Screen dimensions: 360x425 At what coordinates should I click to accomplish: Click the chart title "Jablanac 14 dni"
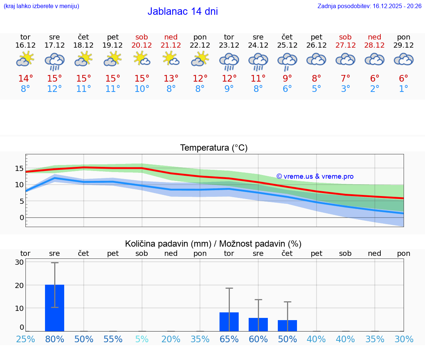pos(183,11)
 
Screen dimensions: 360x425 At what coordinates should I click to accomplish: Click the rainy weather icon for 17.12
pos(55,61)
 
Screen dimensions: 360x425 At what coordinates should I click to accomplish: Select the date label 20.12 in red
pos(142,45)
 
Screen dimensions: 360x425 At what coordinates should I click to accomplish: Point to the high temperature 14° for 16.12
pos(25,79)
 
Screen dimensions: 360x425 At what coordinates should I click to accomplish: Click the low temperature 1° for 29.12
pos(404,89)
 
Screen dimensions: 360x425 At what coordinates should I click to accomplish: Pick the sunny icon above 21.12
pos(171,58)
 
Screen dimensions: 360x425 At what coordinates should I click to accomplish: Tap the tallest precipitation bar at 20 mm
pos(55,308)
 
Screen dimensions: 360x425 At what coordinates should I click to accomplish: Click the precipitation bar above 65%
pos(229,322)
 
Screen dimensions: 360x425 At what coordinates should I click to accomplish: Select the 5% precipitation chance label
pos(142,339)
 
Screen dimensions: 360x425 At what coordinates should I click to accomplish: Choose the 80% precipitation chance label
pos(55,339)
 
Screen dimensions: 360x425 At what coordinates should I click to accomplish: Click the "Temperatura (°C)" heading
pos(214,148)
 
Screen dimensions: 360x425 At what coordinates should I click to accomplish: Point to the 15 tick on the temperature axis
pos(19,168)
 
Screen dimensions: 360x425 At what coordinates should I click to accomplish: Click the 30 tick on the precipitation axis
pos(19,263)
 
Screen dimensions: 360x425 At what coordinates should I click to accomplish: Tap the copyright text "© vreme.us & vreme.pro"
pos(315,176)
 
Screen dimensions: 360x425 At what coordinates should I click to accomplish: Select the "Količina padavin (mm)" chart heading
pos(168,244)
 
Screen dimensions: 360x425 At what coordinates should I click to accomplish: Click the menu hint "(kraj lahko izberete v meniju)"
pos(41,6)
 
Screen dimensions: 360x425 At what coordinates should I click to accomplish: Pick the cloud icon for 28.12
pos(374,59)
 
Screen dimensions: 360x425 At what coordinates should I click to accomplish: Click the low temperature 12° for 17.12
pos(55,89)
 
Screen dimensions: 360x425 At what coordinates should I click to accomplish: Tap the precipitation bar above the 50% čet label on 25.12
pos(287,325)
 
